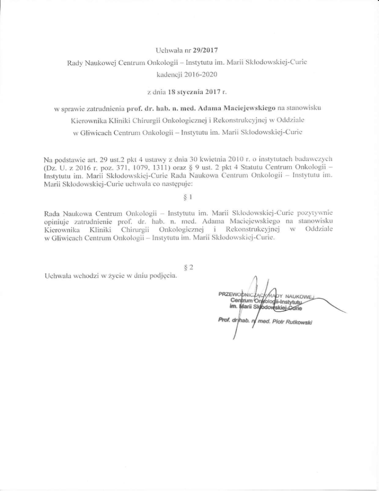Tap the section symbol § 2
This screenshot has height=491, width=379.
tap(189, 267)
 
